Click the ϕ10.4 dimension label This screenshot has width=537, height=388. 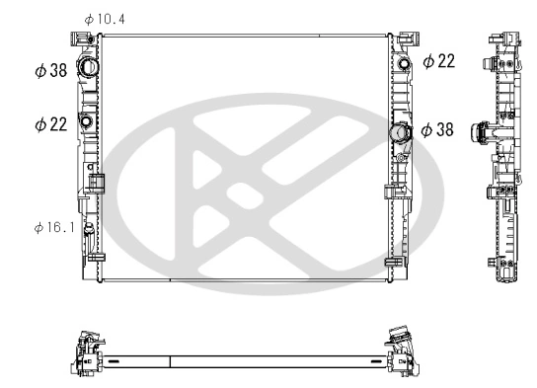tap(105, 19)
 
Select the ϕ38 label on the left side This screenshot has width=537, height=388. tap(50, 71)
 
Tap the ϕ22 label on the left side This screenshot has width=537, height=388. tap(50, 124)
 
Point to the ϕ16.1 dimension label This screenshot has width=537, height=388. tap(54, 228)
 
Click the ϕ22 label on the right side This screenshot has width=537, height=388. tap(438, 61)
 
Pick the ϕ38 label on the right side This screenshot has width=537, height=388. tap(438, 129)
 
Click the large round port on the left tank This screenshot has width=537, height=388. tap(87, 69)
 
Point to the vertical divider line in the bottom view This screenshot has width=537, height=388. tap(171, 361)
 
